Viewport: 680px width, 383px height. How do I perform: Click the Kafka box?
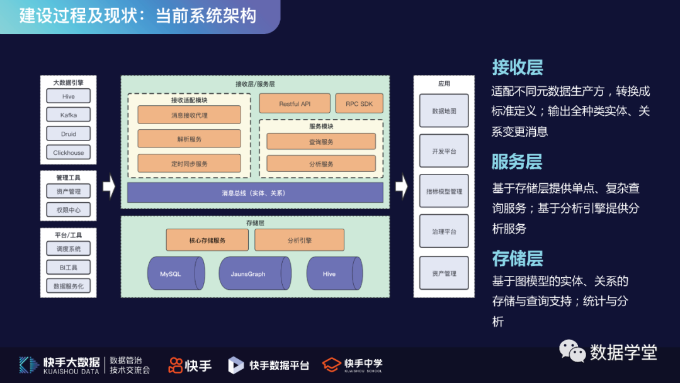click(x=69, y=115)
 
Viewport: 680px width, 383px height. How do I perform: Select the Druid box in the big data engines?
click(x=69, y=134)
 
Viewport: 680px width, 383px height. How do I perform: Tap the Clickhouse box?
click(x=69, y=152)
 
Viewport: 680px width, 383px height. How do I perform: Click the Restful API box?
click(x=295, y=104)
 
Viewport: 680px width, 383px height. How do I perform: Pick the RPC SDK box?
click(x=359, y=104)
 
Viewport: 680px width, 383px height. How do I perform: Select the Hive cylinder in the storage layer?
click(x=333, y=274)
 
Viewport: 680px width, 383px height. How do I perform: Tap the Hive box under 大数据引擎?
click(x=69, y=96)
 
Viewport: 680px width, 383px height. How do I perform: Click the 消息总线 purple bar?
click(x=255, y=193)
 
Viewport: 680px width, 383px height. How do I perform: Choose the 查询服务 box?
click(x=321, y=142)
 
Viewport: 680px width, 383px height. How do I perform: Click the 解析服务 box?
click(x=189, y=139)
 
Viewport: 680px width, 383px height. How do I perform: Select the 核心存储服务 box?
click(x=207, y=240)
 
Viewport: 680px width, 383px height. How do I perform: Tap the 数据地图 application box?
click(x=444, y=111)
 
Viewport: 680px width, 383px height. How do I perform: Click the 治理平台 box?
click(x=444, y=232)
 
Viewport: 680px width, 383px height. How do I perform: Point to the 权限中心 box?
click(x=69, y=210)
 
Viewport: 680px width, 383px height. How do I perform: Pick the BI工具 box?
click(x=69, y=267)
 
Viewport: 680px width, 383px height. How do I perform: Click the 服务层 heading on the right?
click(x=517, y=162)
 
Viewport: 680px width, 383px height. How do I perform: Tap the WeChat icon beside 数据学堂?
click(x=572, y=351)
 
